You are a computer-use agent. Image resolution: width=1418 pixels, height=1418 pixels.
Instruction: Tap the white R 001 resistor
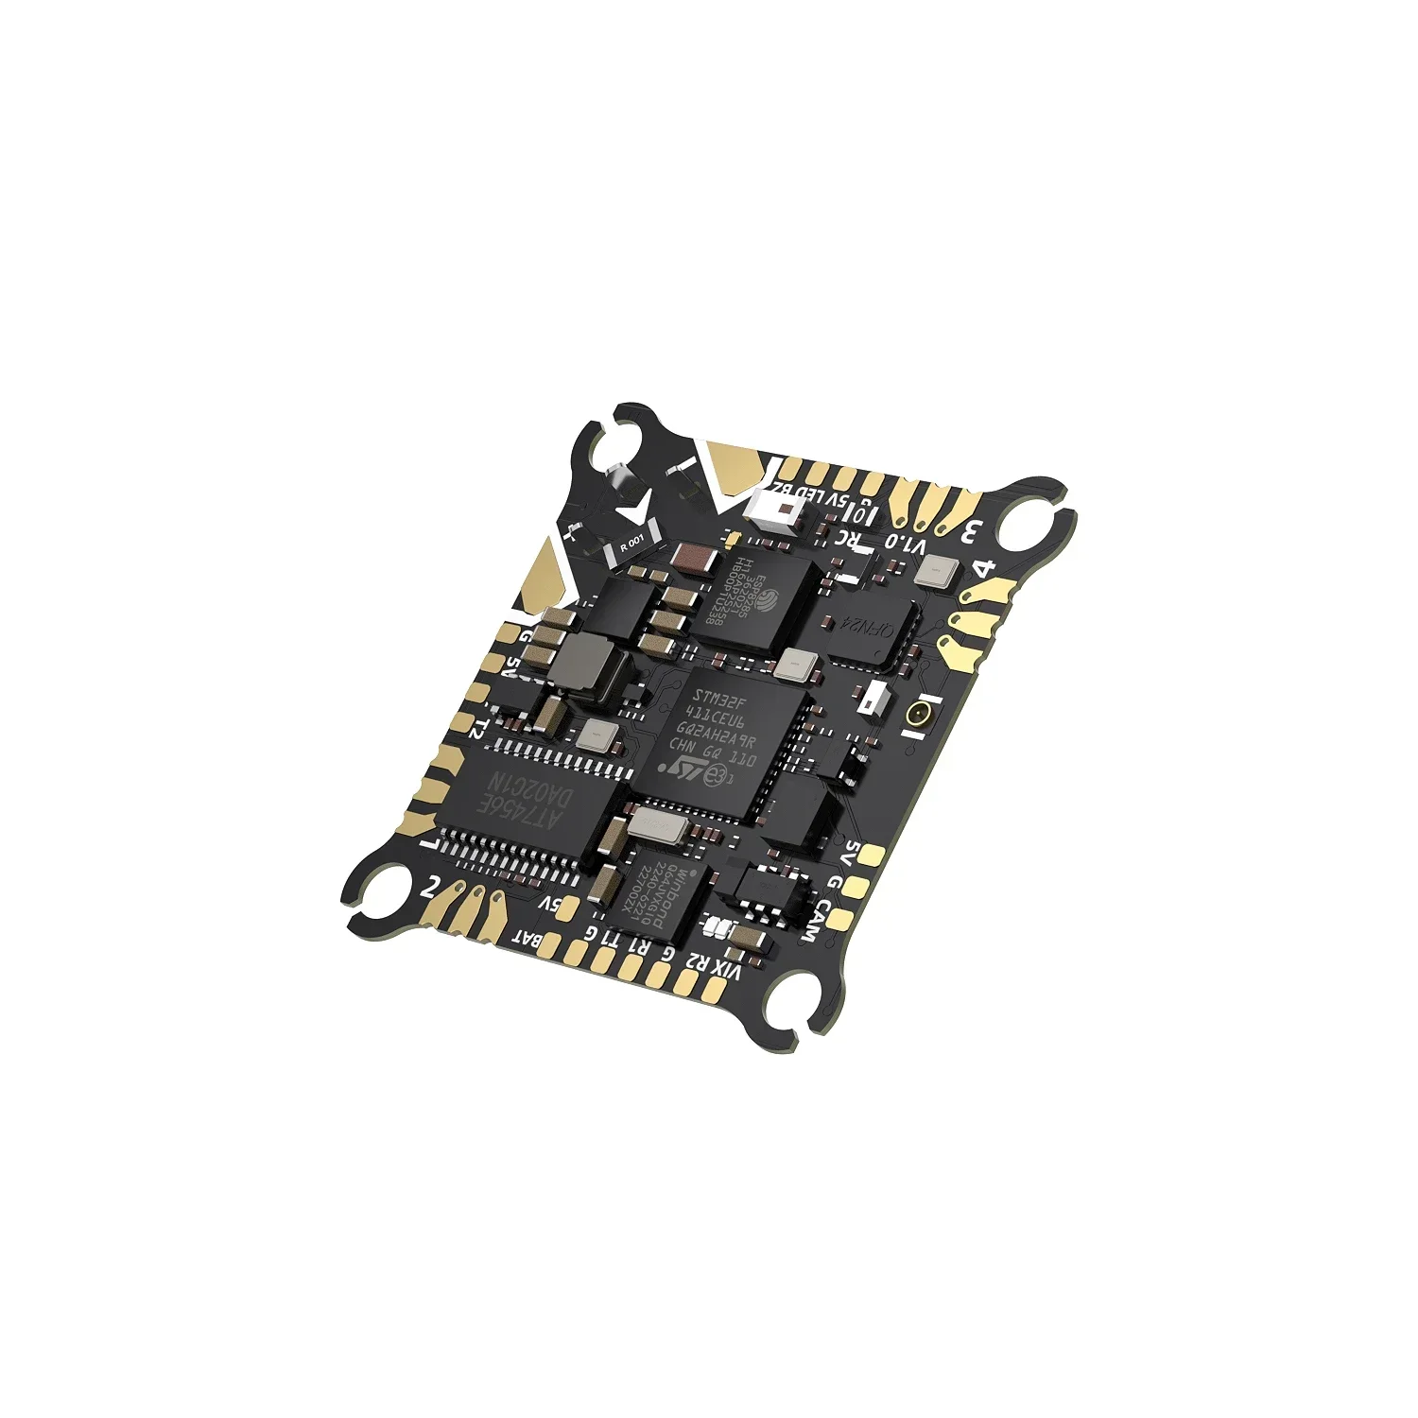[631, 545]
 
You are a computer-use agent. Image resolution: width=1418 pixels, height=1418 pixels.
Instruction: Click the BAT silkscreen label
[527, 940]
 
